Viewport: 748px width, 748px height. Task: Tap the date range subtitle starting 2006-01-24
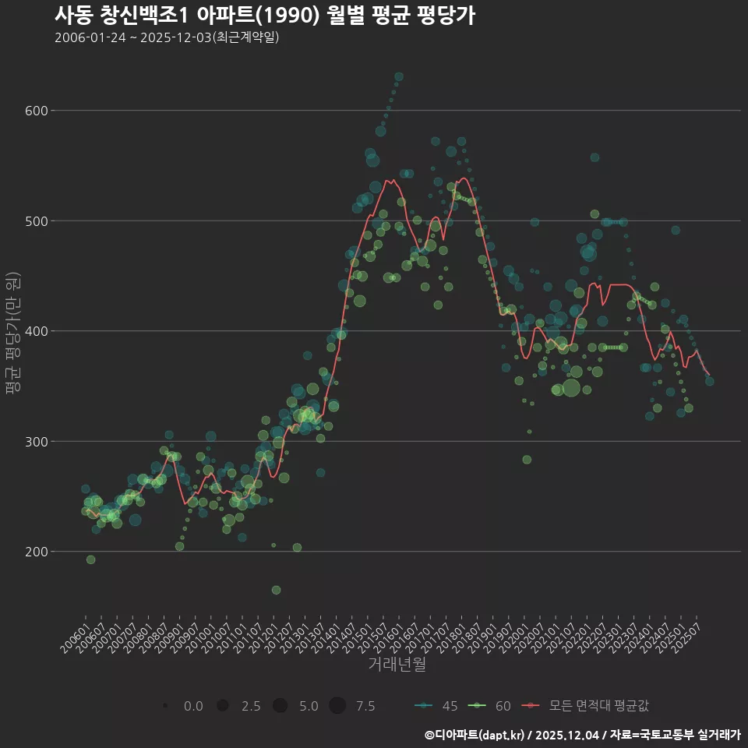coord(167,37)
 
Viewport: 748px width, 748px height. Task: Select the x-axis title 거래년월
coord(397,665)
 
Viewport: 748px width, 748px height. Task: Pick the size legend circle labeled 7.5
coord(337,706)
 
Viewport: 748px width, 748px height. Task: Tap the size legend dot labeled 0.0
coord(166,706)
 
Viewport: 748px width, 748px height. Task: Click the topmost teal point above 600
coord(399,76)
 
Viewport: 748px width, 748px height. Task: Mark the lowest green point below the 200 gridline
coord(276,590)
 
